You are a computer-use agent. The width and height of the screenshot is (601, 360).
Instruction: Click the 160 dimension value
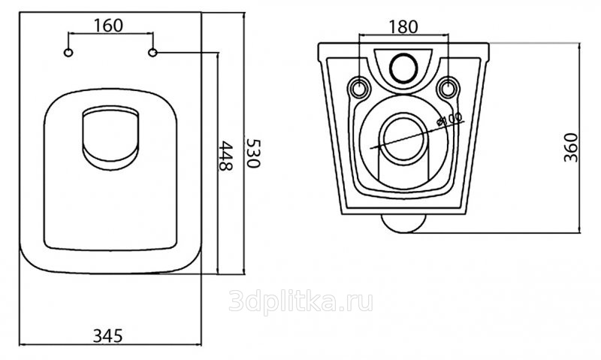click(x=108, y=26)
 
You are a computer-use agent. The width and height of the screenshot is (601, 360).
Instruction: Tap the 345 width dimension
click(x=108, y=336)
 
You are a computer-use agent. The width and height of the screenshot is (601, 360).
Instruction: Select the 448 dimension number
click(x=225, y=156)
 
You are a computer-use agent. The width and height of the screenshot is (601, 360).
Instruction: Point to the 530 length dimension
click(x=253, y=153)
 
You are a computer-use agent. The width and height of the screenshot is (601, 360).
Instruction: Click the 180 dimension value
click(x=403, y=27)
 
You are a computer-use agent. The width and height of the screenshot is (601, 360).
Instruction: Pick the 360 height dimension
click(x=571, y=147)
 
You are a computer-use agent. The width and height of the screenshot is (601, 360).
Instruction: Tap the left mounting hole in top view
click(x=68, y=53)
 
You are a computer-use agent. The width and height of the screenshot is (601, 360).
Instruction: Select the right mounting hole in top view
click(x=153, y=53)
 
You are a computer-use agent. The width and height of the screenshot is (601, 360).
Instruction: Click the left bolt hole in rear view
click(x=359, y=88)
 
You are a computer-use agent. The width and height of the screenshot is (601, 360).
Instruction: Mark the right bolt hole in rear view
click(x=448, y=88)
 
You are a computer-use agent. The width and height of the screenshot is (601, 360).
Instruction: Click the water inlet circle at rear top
click(x=403, y=68)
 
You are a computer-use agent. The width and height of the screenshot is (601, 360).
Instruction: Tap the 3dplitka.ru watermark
click(x=301, y=302)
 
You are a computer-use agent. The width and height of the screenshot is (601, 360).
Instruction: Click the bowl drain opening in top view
click(x=110, y=138)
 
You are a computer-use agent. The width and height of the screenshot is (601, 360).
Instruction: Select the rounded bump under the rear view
click(x=403, y=223)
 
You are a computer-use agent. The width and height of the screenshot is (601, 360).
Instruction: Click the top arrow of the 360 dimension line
click(x=579, y=44)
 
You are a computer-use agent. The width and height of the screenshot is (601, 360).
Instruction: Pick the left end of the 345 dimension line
click(x=20, y=344)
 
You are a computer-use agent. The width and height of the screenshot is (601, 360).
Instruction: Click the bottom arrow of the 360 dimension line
click(x=579, y=231)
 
